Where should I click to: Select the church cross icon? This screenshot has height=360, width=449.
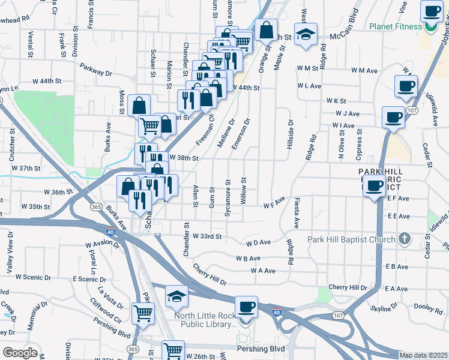(405, 239)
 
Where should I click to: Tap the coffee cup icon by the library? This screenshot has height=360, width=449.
(246, 308)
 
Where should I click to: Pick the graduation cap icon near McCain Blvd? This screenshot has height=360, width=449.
(305, 35)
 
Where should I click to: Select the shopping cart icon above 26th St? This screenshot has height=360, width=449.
(173, 350)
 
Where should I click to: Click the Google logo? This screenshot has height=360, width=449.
(19, 353)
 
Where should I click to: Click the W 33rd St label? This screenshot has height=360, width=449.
(206, 237)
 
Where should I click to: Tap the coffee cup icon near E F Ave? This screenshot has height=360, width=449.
(375, 187)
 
